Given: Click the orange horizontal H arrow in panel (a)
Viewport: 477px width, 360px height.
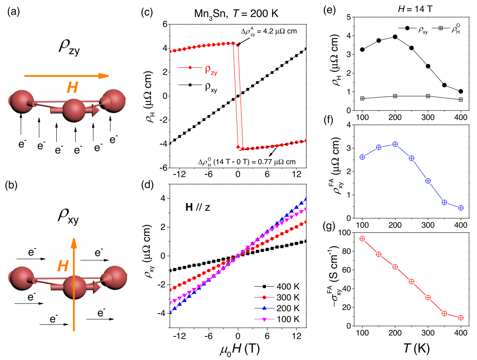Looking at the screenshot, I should click(66, 76).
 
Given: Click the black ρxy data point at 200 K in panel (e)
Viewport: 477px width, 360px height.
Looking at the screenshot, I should click(395, 37).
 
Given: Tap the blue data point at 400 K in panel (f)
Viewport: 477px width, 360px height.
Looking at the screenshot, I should click(461, 208).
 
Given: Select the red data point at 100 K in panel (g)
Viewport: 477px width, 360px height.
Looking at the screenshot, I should click(362, 239).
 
